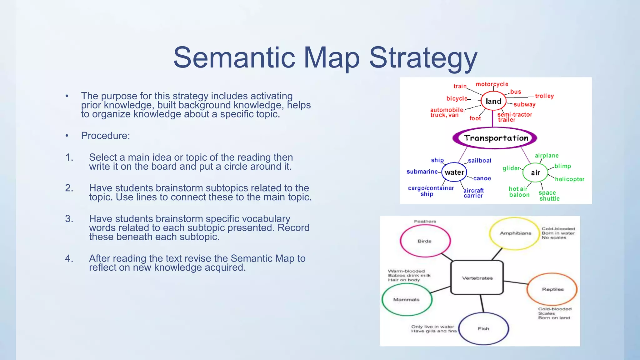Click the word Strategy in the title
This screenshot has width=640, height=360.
pyautogui.click(x=423, y=58)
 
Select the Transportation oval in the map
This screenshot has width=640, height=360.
pyautogui.click(x=495, y=138)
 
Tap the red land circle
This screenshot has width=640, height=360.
pyautogui.click(x=493, y=101)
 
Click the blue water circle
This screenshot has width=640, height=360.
pyautogui.click(x=454, y=172)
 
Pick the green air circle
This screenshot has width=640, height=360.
pyautogui.click(x=535, y=172)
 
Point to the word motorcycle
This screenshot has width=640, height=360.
pyautogui.click(x=492, y=84)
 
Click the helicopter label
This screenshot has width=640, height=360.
pyautogui.click(x=569, y=179)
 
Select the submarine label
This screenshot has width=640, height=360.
pyautogui.click(x=422, y=172)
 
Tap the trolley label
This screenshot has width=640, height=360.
pyautogui.click(x=544, y=96)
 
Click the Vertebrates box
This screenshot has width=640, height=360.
pyautogui.click(x=477, y=278)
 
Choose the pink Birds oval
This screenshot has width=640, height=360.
pyautogui.click(x=425, y=241)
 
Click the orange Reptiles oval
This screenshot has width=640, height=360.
pyautogui.click(x=552, y=289)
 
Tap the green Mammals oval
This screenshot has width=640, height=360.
pyautogui.click(x=407, y=299)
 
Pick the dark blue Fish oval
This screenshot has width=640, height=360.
pyautogui.click(x=483, y=328)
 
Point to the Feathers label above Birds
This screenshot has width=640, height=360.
pyautogui.click(x=425, y=221)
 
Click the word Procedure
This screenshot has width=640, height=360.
pyautogui.click(x=105, y=136)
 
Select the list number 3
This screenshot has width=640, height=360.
pyautogui.click(x=69, y=218)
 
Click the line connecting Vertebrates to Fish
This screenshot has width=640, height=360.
pyautogui.click(x=482, y=303)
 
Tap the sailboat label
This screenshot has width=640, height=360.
pyautogui.click(x=480, y=161)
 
